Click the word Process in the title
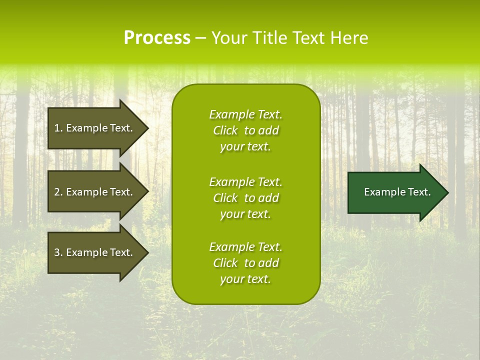click(157, 38)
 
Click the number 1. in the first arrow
click(58, 128)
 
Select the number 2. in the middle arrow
click(58, 192)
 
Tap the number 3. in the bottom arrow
click(58, 252)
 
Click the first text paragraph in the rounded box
click(245, 130)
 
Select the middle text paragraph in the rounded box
click(245, 198)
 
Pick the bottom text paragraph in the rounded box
click(245, 263)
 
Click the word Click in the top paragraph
click(225, 130)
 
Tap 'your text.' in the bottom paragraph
click(245, 279)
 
